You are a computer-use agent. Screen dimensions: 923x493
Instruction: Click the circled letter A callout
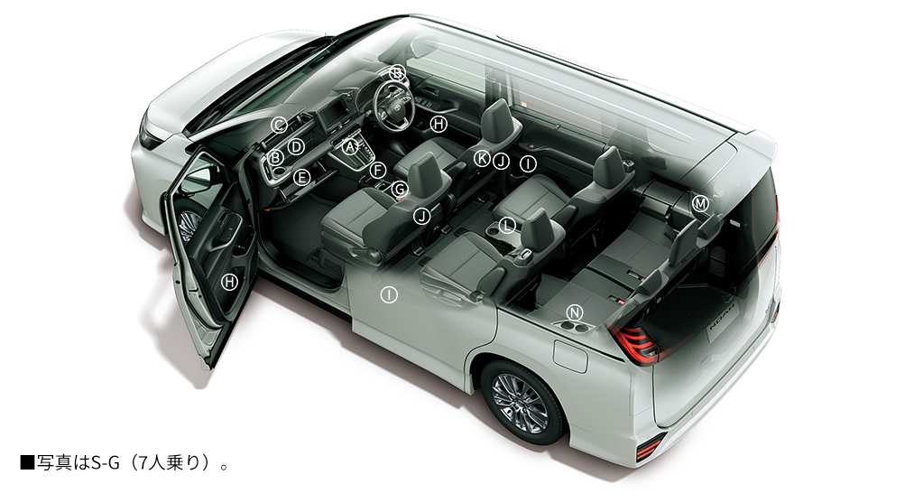[x=351, y=146]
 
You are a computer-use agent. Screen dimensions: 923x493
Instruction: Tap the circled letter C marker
[x=279, y=125]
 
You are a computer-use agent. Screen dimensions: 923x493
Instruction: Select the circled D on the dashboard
[x=296, y=146]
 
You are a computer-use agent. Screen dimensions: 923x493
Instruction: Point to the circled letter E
[x=301, y=177]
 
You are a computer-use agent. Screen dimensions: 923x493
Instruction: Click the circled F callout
[x=378, y=171]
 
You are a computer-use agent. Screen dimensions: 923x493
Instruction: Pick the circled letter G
[x=399, y=189]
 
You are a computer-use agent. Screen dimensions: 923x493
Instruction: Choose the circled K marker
[x=482, y=158]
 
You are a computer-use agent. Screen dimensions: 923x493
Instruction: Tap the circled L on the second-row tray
[x=507, y=225]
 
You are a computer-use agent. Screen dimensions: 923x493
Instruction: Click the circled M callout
[x=700, y=203]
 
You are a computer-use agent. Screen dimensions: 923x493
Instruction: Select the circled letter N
[x=575, y=312]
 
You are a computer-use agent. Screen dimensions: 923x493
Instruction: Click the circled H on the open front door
[x=229, y=282]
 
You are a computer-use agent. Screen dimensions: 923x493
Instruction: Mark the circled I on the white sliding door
[x=389, y=294]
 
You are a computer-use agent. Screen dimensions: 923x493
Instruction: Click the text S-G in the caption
[x=106, y=462]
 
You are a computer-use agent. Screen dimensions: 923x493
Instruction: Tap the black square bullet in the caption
[x=27, y=462]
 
